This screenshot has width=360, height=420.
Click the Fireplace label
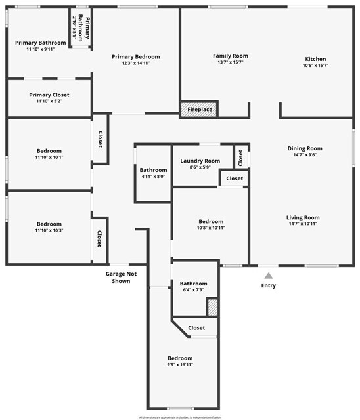point(199,110)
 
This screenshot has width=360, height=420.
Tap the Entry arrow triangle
point(268,276)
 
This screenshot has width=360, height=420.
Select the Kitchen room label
point(315,58)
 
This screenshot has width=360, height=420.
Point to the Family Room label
point(230,56)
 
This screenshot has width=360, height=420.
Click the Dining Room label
point(305,148)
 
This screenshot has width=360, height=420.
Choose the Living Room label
point(302,217)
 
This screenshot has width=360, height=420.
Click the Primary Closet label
point(49,94)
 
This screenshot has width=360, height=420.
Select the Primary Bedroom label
point(135,57)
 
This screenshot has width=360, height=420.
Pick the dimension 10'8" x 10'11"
point(211,228)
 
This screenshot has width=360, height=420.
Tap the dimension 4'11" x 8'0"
point(153,176)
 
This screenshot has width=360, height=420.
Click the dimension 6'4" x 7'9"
point(193,289)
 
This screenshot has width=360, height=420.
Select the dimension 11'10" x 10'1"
point(49,157)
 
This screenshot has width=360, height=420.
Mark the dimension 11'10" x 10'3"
point(49,230)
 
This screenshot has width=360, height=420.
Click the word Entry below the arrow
point(269,285)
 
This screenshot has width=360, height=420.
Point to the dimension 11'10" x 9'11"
point(40,49)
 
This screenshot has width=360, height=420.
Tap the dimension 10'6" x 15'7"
point(315,66)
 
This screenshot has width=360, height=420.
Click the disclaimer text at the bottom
point(180,417)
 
